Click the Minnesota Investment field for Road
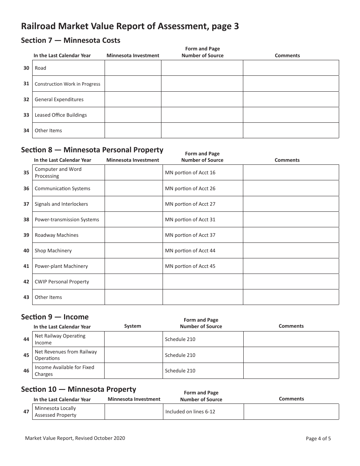coord(133,68)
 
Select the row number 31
coord(26,84)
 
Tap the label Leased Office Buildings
coord(61,115)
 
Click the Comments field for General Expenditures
coord(291,99)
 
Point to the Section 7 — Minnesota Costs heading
coord(70,40)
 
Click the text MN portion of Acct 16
coord(190,173)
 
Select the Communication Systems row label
coord(63,188)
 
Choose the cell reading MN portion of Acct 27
coord(190,204)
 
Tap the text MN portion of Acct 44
coord(190,250)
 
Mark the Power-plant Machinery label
coord(61,266)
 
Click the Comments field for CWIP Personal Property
coord(291,281)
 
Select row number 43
coord(26,297)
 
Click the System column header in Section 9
coord(133,326)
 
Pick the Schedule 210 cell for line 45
coord(180,355)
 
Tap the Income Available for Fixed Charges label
coord(64,371)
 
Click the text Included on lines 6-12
coord(190,411)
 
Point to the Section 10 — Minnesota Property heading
coord(78,389)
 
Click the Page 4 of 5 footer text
coord(318,439)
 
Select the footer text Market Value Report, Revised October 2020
coord(75,438)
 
